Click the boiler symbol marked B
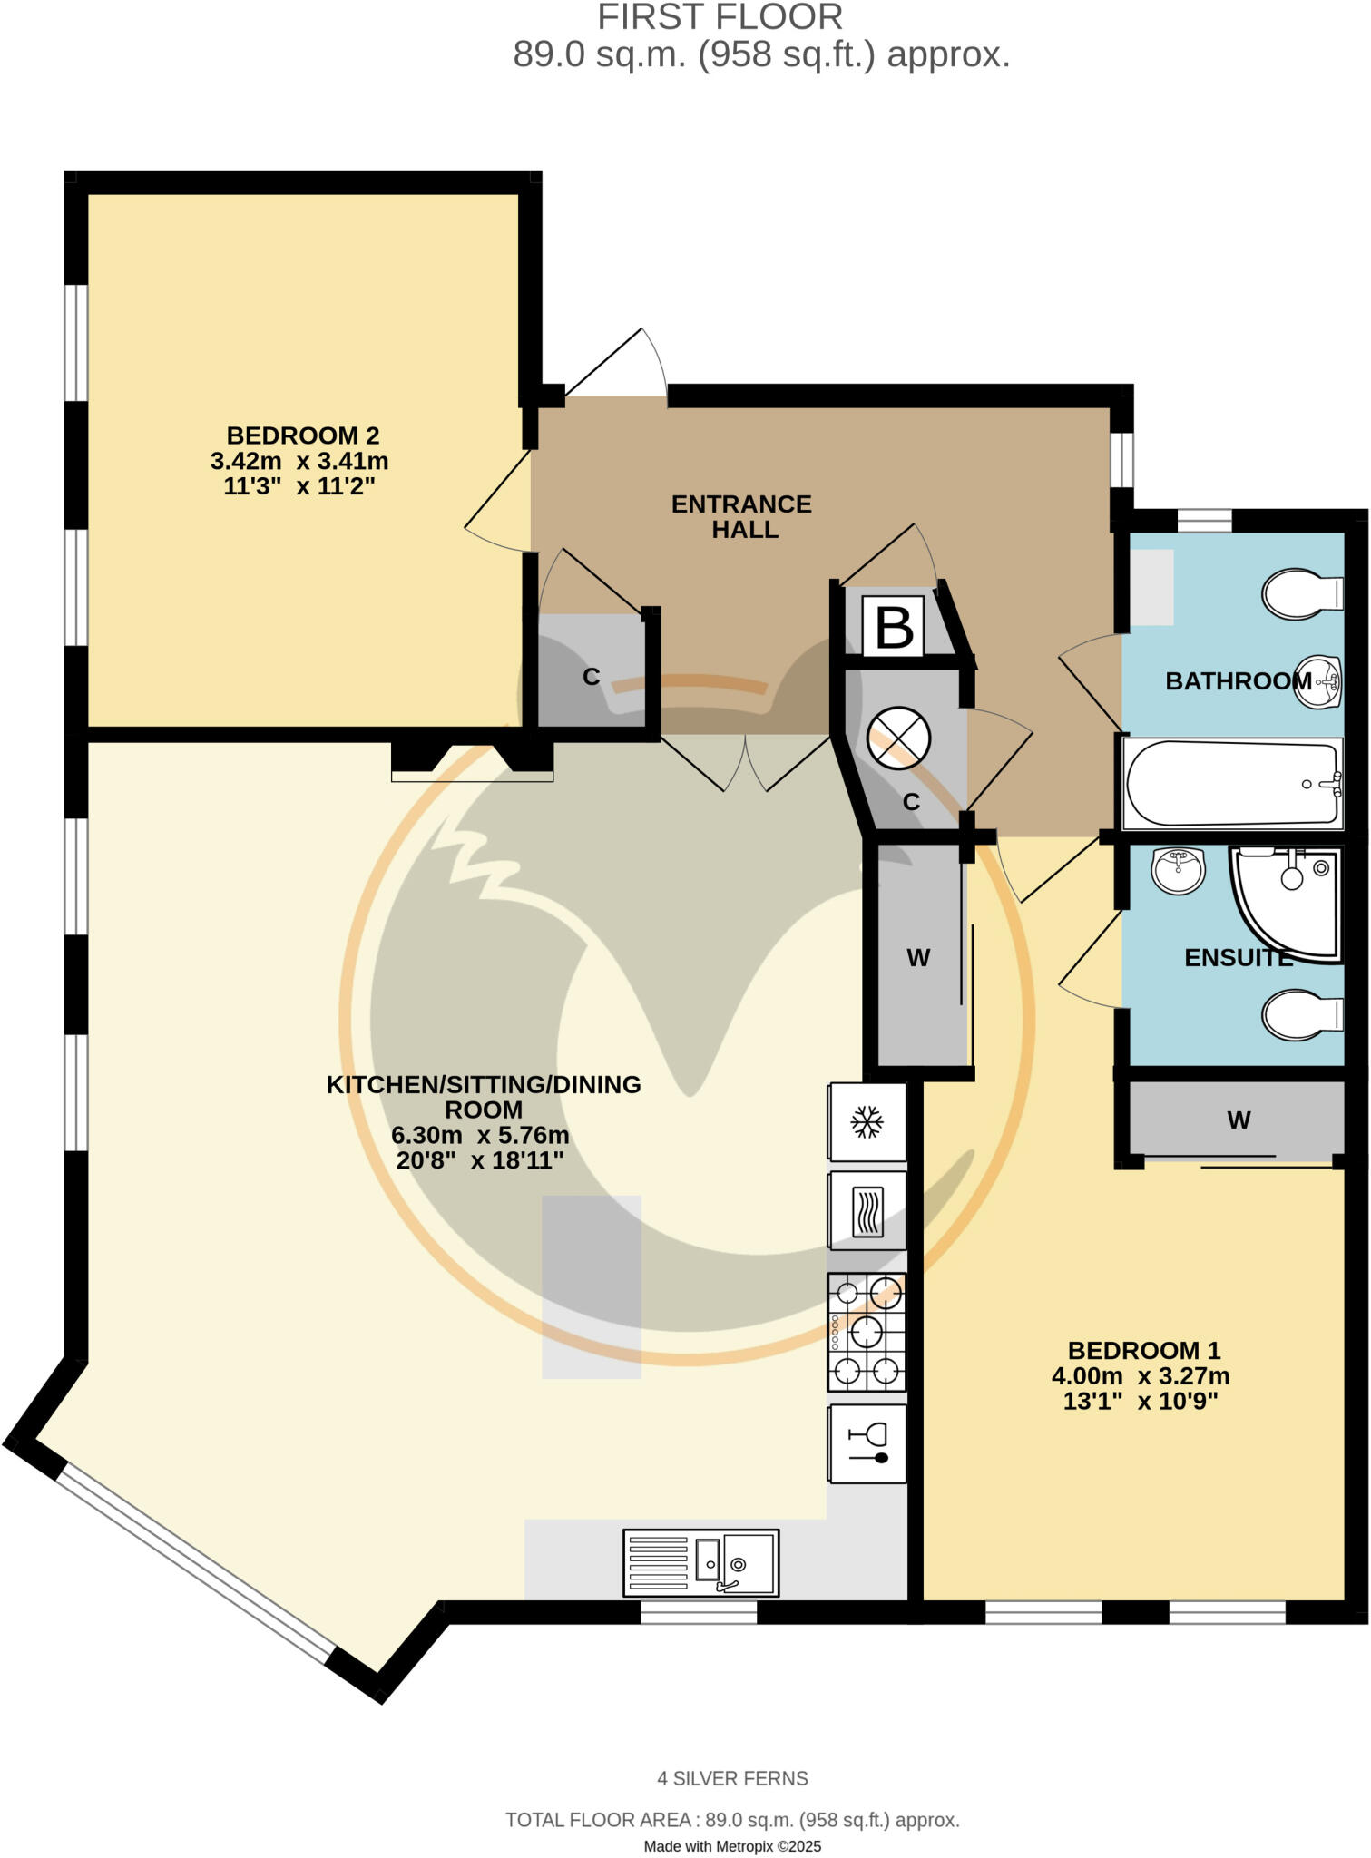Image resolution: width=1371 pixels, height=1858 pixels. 893,627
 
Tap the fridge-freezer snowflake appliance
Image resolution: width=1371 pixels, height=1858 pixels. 867,1122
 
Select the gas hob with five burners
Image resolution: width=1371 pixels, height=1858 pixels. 867,1332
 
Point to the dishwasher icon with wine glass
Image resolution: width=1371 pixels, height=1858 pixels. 867,1444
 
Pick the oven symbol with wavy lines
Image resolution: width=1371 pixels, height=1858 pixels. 867,1211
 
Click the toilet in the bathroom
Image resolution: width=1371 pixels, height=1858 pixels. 1302,594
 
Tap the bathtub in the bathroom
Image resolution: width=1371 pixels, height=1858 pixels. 1232,784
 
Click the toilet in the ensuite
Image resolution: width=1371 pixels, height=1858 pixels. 1302,1015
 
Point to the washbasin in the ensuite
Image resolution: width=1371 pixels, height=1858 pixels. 1178,870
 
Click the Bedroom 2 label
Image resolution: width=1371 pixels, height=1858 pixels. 302,435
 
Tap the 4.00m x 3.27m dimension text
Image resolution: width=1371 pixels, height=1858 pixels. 1141,1376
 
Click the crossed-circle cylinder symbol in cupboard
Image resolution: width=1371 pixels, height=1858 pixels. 898,738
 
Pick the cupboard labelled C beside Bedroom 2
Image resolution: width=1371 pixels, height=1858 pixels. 592,676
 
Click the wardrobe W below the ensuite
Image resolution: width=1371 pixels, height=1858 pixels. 1239,1120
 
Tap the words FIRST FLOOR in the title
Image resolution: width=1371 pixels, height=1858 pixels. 720,17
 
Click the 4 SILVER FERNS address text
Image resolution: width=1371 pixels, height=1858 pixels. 732,1778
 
